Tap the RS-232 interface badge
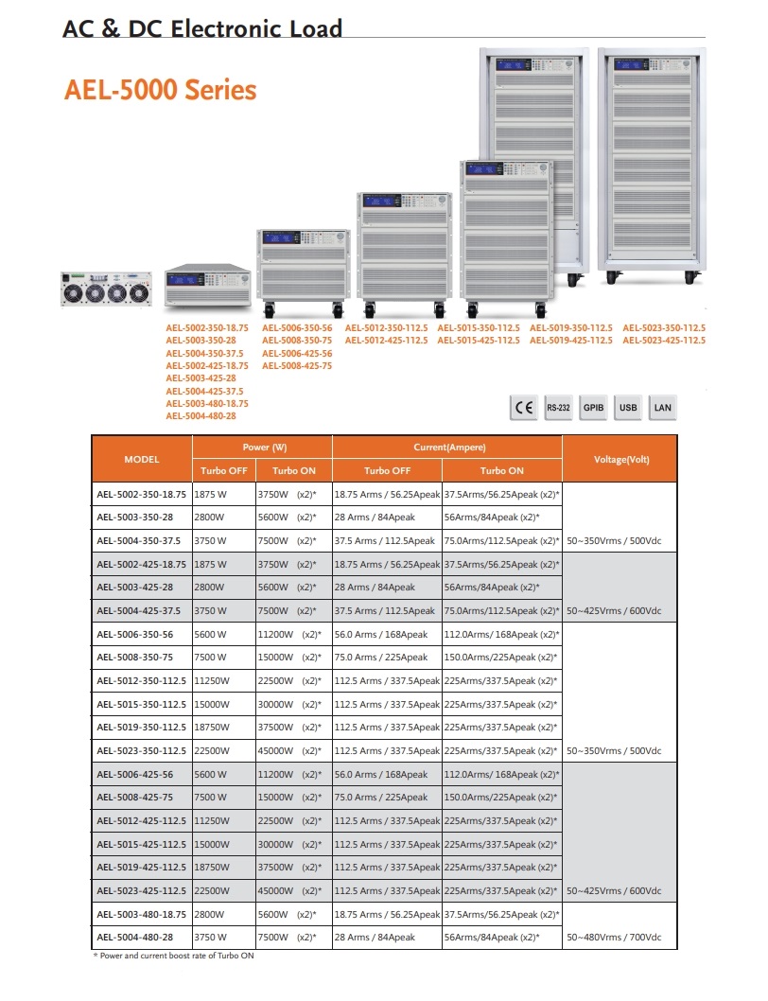558,408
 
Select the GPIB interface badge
593,408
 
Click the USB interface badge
628,408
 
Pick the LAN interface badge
663,408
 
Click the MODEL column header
142,459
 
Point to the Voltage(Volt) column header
620,459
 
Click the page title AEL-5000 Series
160,90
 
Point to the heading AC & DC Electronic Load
202,29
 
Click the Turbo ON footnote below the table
173,956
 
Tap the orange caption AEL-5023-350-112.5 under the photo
664,328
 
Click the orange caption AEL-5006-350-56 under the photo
297,328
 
